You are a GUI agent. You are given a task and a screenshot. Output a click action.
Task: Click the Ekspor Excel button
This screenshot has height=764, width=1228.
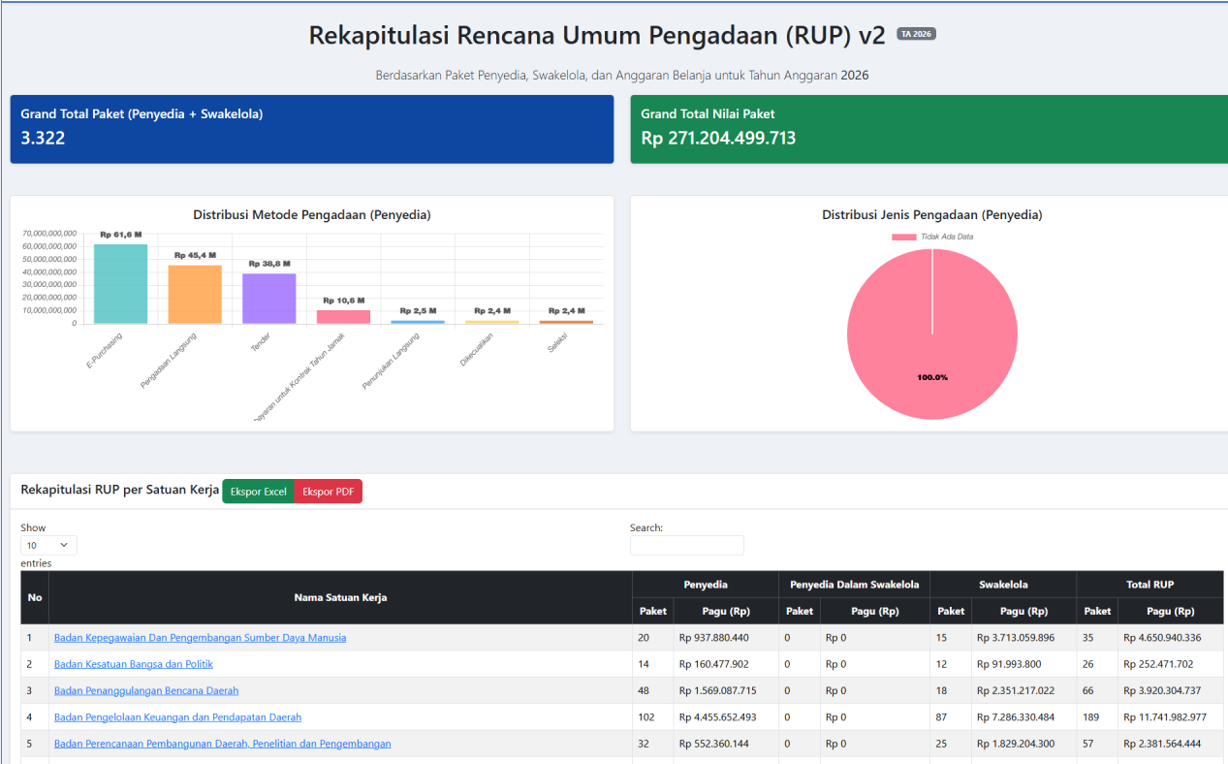point(258,492)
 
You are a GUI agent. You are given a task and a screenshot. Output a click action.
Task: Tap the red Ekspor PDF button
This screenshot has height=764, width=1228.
point(329,492)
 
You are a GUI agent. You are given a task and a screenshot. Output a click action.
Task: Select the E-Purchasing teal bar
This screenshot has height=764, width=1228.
point(120,283)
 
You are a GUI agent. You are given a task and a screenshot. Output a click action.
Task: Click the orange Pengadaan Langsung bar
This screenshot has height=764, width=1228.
point(195,295)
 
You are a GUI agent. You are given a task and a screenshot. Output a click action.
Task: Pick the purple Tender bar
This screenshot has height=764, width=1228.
point(269,299)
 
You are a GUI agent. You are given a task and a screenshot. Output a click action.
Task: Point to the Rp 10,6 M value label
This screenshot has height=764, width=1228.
point(344,301)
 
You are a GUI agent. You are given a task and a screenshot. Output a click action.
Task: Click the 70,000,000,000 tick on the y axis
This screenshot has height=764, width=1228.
point(49,234)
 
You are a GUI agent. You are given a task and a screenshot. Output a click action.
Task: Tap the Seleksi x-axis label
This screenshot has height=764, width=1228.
point(557,343)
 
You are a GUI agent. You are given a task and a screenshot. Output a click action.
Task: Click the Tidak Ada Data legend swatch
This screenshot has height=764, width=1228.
point(903,237)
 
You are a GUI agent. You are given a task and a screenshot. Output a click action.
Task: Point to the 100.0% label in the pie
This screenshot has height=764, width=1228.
point(932,377)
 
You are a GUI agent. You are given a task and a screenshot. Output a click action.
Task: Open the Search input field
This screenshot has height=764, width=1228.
point(687,545)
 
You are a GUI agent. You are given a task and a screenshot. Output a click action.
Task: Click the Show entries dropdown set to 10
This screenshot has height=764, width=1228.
point(48,545)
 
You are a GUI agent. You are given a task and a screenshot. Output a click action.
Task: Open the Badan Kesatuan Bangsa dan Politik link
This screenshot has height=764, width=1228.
point(133,664)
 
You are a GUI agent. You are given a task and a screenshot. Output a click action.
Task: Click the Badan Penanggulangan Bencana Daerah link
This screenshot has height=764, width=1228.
point(146,690)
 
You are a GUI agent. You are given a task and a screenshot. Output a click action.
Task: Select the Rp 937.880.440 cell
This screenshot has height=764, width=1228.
point(713,638)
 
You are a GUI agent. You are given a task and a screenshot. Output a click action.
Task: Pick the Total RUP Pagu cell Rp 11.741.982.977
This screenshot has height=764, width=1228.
point(1165,716)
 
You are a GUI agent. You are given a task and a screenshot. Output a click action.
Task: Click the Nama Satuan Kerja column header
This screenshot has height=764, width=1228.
point(340,598)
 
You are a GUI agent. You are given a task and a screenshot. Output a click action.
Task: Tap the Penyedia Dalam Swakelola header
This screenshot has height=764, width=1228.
point(854,585)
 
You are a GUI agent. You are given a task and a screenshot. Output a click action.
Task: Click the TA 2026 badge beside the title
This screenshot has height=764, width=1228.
point(916,34)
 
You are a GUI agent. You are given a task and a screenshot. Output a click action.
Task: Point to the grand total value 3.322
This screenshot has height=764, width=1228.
point(43,138)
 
